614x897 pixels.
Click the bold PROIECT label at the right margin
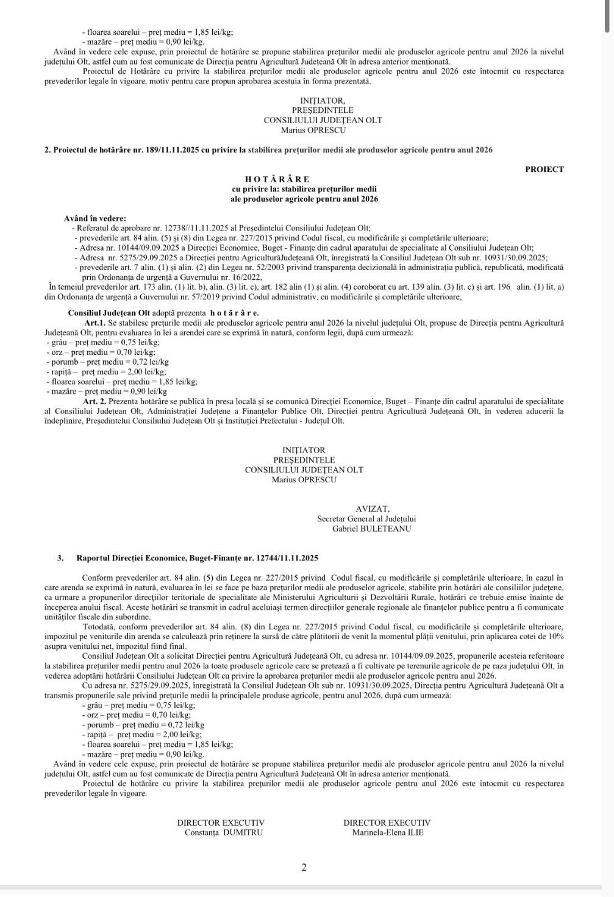click(x=544, y=170)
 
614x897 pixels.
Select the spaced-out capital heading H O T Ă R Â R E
click(x=277, y=179)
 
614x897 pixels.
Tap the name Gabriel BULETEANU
click(x=371, y=529)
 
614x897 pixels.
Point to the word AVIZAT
click(x=373, y=509)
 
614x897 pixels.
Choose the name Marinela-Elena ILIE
click(x=387, y=832)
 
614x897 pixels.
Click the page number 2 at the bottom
click(x=304, y=868)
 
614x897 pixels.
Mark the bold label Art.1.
click(x=96, y=323)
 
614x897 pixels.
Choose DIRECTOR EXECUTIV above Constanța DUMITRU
click(x=221, y=823)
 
